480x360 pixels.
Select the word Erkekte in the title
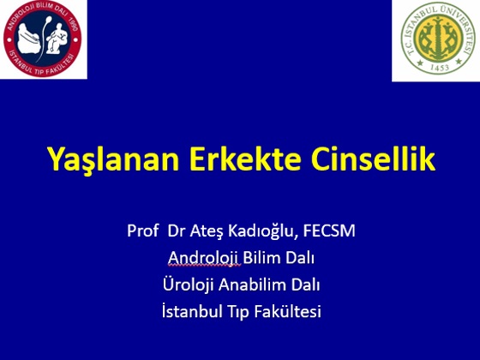click(x=245, y=159)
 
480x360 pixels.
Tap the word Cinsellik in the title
click(x=373, y=159)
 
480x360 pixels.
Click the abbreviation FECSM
click(x=329, y=231)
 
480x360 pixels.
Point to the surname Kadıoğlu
click(x=262, y=231)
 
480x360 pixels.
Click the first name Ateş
click(x=207, y=231)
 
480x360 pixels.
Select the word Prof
click(x=142, y=231)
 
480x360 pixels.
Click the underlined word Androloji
click(x=204, y=258)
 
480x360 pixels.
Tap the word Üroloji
click(x=188, y=285)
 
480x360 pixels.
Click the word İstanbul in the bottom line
click(x=192, y=312)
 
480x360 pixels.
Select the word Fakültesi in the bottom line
click(x=288, y=312)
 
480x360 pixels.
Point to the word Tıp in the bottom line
click(x=238, y=313)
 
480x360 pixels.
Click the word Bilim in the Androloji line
click(x=261, y=257)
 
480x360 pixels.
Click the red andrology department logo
click(x=43, y=39)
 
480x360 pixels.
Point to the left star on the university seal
click(x=420, y=63)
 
